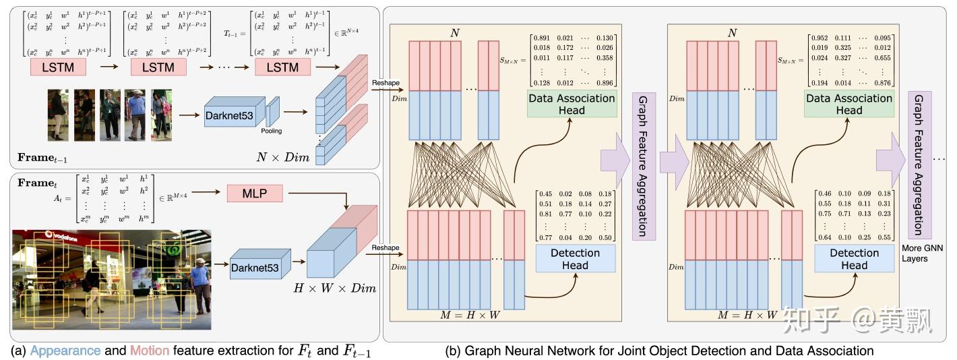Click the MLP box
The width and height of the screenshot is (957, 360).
[x=255, y=194]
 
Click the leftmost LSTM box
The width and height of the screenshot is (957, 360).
[x=57, y=67]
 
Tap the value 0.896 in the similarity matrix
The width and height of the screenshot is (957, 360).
[x=606, y=82]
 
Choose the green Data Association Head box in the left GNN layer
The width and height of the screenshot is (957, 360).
[x=571, y=104]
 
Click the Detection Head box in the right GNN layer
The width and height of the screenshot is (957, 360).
[x=854, y=259]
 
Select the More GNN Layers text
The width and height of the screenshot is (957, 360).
[x=920, y=253]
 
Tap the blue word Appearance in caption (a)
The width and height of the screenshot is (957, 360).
[x=65, y=351]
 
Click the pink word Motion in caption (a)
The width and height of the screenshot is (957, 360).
[x=150, y=351]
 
